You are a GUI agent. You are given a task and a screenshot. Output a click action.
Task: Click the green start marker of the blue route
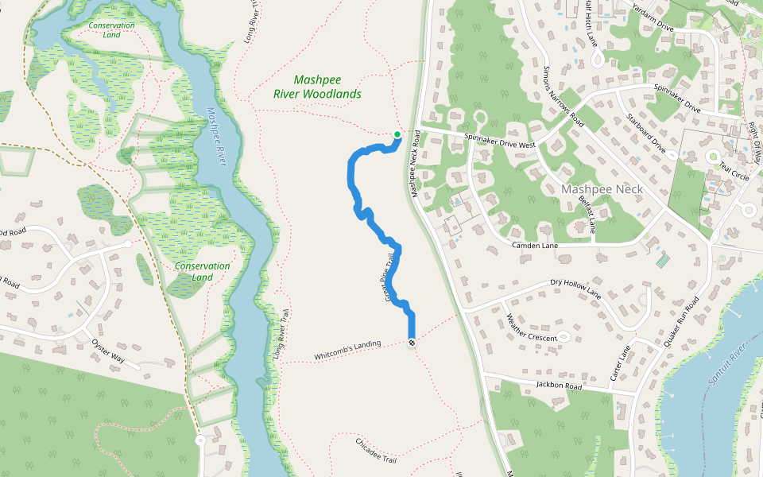pyautogui.click(x=397, y=134)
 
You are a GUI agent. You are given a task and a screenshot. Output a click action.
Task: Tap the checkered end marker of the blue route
pyautogui.click(x=412, y=343)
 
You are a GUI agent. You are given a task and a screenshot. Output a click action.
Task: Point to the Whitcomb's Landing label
pyautogui.click(x=347, y=349)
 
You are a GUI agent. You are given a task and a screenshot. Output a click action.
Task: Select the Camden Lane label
pyautogui.click(x=535, y=246)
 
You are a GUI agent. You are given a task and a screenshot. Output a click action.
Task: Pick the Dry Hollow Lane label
pyautogui.click(x=575, y=288)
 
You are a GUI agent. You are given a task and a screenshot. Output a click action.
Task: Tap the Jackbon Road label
pyautogui.click(x=559, y=386)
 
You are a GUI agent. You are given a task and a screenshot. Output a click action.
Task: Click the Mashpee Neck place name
pyautogui.click(x=601, y=189)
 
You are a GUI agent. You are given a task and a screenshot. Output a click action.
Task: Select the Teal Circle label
pyautogui.click(x=734, y=173)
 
